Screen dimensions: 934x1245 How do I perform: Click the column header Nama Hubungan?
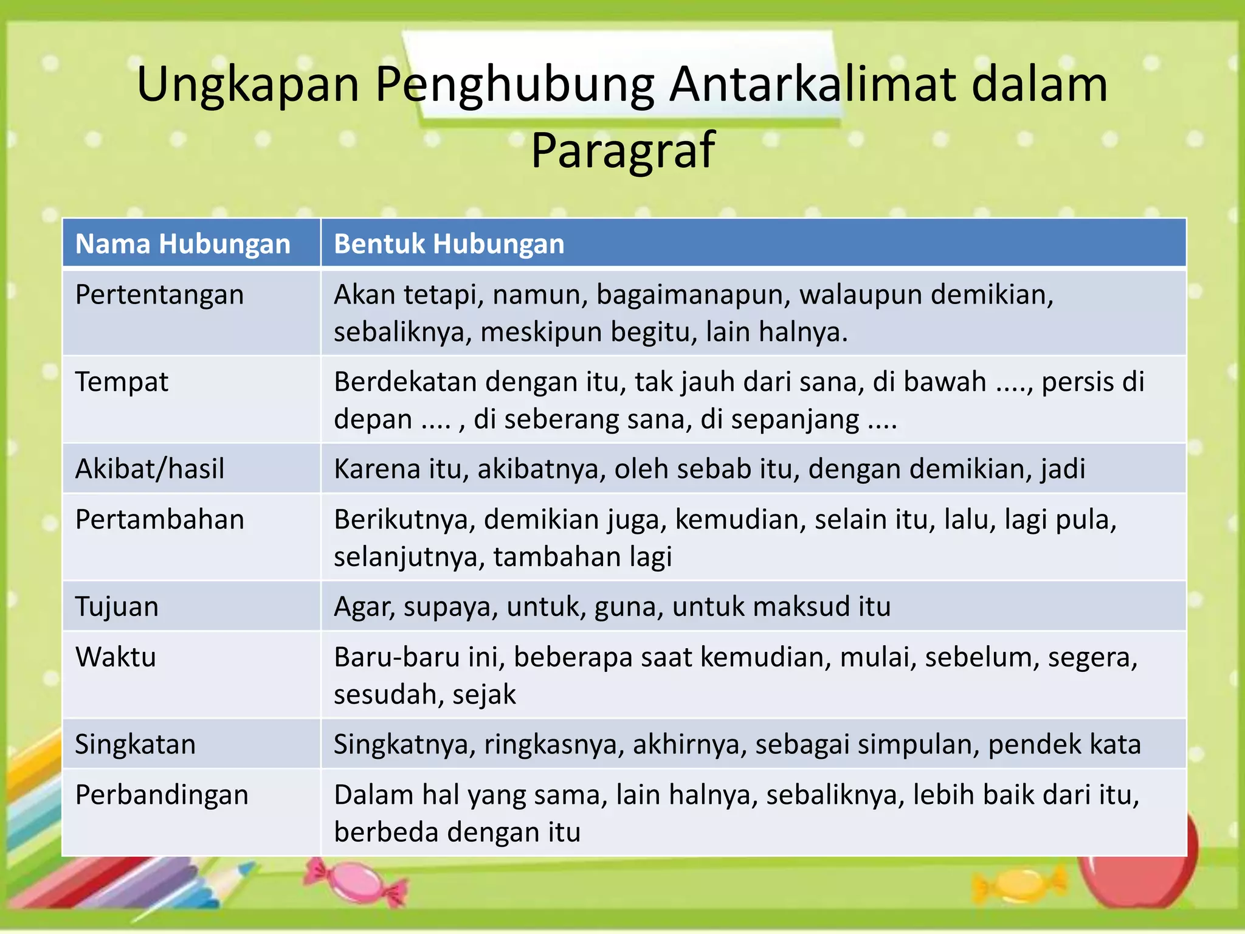point(182,244)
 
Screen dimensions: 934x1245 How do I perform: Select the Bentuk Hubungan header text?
point(449,244)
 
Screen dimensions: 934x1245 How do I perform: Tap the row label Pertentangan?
point(159,295)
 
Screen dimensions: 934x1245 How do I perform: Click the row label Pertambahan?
point(159,520)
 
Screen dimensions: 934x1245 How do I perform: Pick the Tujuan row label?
point(117,607)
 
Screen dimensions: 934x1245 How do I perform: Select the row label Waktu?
point(116,657)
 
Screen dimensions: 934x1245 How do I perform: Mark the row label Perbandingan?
point(162,795)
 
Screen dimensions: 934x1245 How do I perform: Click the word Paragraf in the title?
point(622,150)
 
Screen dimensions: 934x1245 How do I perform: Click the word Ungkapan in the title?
point(248,85)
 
